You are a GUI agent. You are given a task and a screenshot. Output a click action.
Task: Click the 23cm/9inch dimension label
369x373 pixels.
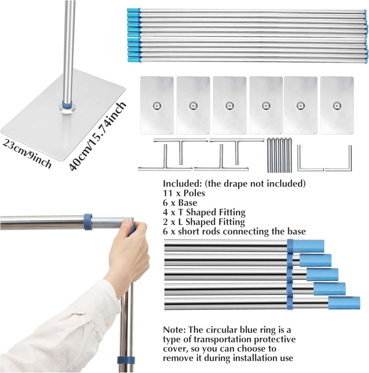27,154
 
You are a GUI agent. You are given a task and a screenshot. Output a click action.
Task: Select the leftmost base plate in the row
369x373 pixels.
157,105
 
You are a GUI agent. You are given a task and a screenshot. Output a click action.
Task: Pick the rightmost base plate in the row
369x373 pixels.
337,105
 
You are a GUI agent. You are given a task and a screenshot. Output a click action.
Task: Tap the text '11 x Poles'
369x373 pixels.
184,193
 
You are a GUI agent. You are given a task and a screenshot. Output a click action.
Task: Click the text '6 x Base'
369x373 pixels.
180,203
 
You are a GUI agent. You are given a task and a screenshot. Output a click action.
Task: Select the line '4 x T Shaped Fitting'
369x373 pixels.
204,212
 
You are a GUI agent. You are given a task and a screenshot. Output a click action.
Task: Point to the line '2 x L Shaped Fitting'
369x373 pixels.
204,222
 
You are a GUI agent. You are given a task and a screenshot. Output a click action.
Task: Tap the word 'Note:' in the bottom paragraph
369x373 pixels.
174,330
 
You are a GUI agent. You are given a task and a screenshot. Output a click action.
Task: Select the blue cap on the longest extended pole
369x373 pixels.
344,303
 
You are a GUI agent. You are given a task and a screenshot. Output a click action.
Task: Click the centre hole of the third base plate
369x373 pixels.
230,105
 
